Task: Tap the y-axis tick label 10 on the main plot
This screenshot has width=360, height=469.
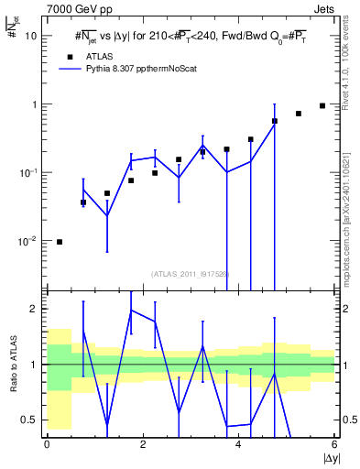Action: tap(30, 36)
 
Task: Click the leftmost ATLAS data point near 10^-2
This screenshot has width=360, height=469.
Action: tap(60, 242)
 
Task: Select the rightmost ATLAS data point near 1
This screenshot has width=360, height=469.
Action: tap(322, 105)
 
